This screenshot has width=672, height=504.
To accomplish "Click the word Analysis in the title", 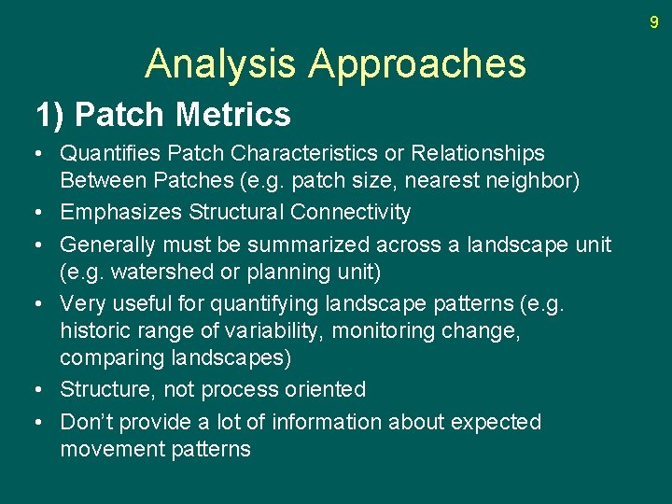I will point(221,63).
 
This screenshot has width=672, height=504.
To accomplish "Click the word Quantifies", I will point(105,153).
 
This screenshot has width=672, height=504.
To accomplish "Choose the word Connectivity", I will point(350,213).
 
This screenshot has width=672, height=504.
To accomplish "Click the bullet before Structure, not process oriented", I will point(41,390).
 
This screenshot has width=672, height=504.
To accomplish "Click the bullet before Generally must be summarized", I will point(41,245).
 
